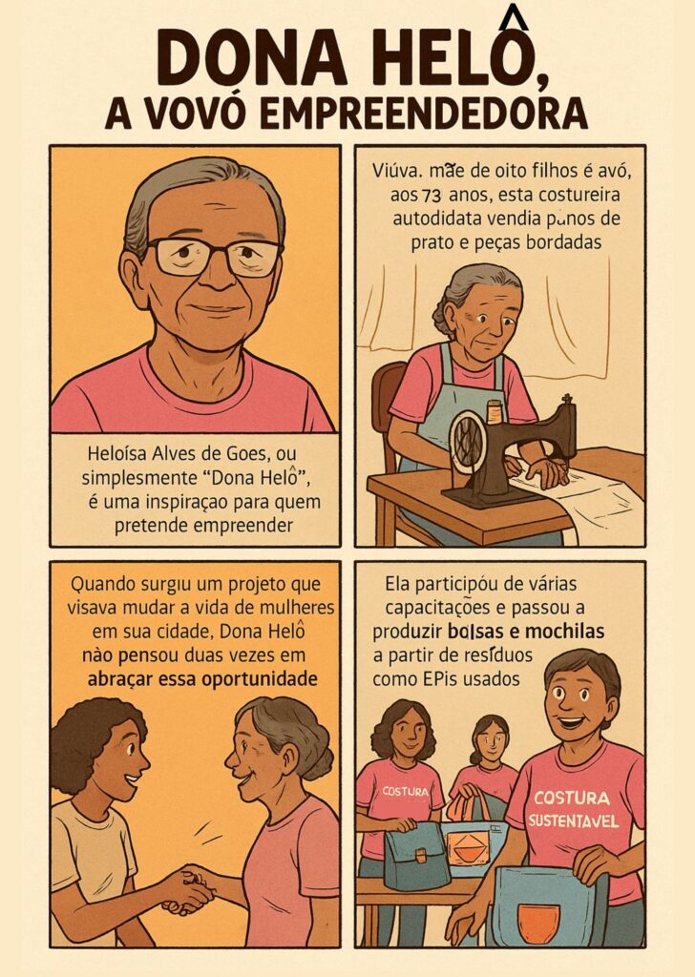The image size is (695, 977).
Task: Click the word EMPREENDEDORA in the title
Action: [423, 114]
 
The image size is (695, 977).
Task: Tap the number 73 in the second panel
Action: [432, 196]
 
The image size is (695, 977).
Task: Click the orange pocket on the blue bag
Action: [538, 923]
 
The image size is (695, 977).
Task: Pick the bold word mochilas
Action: [565, 632]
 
